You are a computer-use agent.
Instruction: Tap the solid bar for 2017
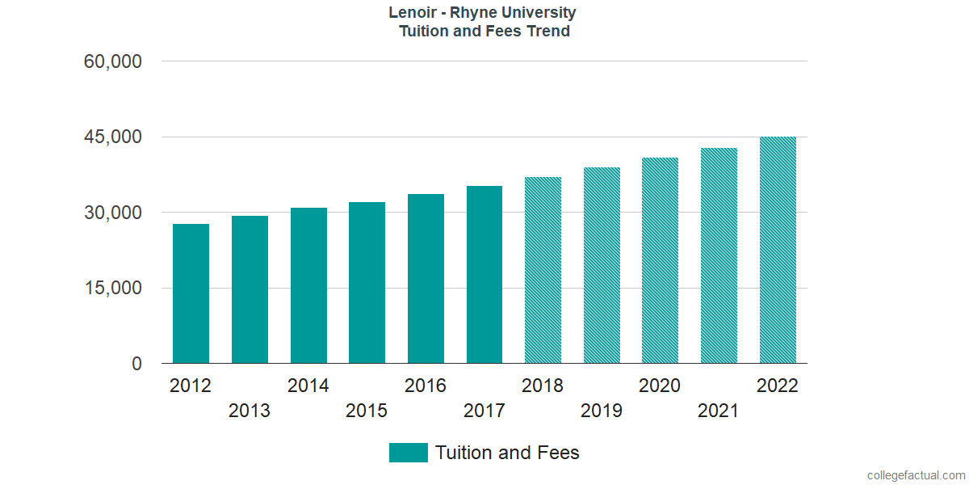pos(484,275)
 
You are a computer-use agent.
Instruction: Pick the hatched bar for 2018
pos(543,270)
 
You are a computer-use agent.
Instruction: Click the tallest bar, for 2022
pos(778,250)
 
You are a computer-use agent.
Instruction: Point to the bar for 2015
pos(367,283)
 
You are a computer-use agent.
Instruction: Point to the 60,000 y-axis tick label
pos(112,61)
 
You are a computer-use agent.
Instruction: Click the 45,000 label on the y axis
pos(112,137)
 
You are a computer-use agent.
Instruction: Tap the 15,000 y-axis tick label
pos(112,289)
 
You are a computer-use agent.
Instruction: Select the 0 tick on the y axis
pos(136,365)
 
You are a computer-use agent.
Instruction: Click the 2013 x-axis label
pos(250,411)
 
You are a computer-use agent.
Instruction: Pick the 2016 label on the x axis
pos(426,386)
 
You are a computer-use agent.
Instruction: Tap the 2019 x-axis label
pos(602,411)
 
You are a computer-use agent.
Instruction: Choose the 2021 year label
pos(719,411)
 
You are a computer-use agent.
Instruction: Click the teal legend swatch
pos(408,453)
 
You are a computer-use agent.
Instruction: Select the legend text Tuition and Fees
pos(507,453)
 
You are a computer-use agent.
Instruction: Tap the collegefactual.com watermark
pos(916,475)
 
